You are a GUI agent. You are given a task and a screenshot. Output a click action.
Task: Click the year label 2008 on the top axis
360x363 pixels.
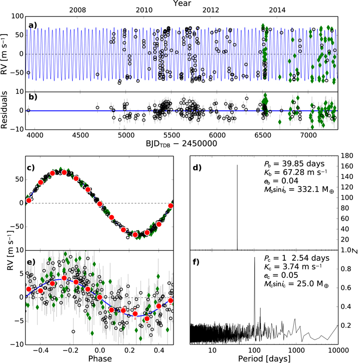click(x=78, y=10)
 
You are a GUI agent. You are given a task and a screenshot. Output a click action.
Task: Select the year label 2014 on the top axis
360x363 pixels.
click(x=277, y=10)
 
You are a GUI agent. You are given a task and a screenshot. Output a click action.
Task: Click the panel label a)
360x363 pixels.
click(x=33, y=25)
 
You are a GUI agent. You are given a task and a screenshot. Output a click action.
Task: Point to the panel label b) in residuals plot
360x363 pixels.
click(x=33, y=97)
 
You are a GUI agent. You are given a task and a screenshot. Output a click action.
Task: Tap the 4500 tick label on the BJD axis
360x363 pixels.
click(x=80, y=135)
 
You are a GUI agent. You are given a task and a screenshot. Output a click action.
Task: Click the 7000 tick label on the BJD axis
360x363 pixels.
click(x=308, y=135)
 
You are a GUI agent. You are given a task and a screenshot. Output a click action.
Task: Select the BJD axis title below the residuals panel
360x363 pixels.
click(x=182, y=143)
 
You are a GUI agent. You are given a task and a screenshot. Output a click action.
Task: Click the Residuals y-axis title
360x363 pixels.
click(x=4, y=110)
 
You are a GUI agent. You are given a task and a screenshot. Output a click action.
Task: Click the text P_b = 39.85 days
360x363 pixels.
click(x=294, y=164)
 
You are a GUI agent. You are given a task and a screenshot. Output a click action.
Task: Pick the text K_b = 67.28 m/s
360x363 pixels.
click(x=296, y=172)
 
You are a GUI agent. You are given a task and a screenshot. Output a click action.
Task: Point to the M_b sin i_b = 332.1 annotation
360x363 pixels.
click(x=299, y=190)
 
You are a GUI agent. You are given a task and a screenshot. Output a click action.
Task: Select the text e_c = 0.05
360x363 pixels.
click(x=281, y=275)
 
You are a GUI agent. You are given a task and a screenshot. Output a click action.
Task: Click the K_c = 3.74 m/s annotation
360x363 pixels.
click(x=293, y=267)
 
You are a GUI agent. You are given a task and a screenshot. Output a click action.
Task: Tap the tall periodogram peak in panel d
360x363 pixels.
click(x=237, y=207)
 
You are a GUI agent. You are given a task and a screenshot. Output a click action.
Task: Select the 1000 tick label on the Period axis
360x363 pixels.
click(x=296, y=350)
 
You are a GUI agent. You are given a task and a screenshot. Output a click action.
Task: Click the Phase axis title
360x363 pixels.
click(x=100, y=358)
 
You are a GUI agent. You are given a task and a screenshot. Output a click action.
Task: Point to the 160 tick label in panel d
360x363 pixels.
click(x=347, y=166)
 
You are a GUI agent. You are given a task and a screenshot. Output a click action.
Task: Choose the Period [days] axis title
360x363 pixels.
click(x=264, y=358)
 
